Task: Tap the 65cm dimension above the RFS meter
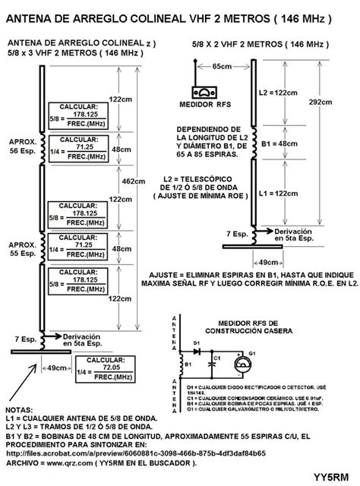(222, 67)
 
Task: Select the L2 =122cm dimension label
(272, 92)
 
